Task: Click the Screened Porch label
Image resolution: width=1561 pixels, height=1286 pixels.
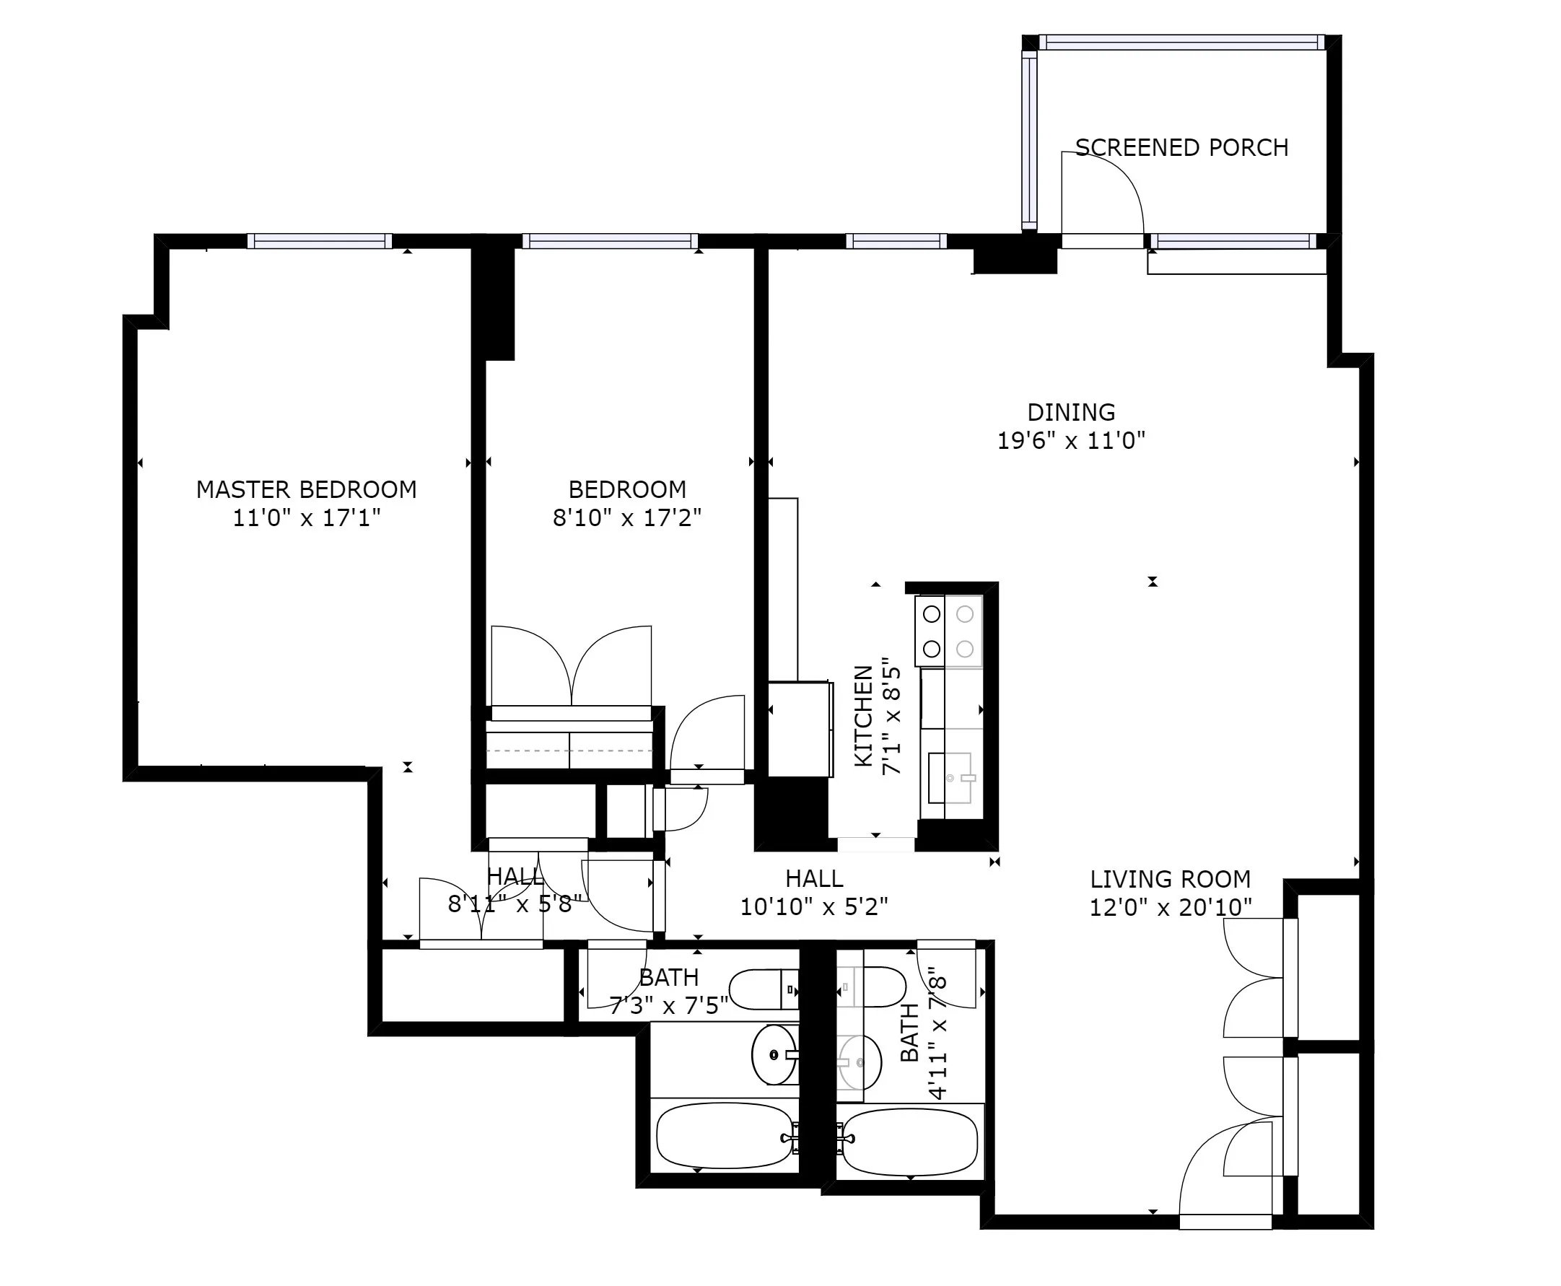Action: click(1181, 147)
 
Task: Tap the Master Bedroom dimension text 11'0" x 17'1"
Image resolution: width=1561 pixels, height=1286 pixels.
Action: click(306, 518)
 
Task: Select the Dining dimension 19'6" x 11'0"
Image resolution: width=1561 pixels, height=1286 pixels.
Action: click(1070, 441)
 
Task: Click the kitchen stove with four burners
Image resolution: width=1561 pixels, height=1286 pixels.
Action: click(948, 631)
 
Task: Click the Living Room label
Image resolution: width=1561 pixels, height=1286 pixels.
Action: click(1170, 879)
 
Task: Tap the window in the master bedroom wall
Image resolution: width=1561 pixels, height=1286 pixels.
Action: click(319, 241)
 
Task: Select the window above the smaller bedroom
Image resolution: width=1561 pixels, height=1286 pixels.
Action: click(610, 241)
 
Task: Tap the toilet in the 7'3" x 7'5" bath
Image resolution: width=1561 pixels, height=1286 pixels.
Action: click(763, 989)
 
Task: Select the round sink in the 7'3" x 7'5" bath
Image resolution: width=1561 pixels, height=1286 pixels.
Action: click(774, 1054)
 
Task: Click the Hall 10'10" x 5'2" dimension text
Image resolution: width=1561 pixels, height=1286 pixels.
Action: click(813, 906)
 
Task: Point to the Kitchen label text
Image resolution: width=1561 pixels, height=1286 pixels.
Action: click(864, 716)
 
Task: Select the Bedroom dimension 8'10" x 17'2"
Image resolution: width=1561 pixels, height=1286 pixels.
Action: click(626, 518)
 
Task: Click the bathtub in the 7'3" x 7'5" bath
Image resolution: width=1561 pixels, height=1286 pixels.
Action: click(725, 1136)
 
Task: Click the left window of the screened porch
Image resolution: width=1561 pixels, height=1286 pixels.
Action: click(1029, 141)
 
